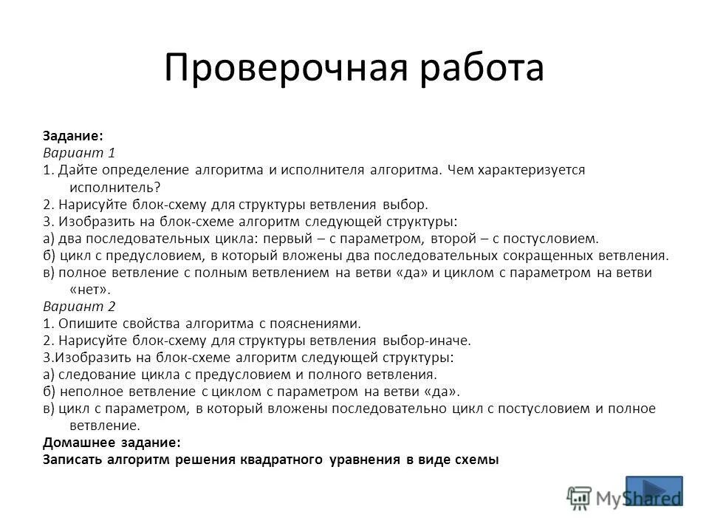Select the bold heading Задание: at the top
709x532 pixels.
pyautogui.click(x=72, y=137)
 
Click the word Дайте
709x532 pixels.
pyautogui.click(x=75, y=170)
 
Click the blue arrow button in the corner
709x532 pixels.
pyautogui.click(x=654, y=491)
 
